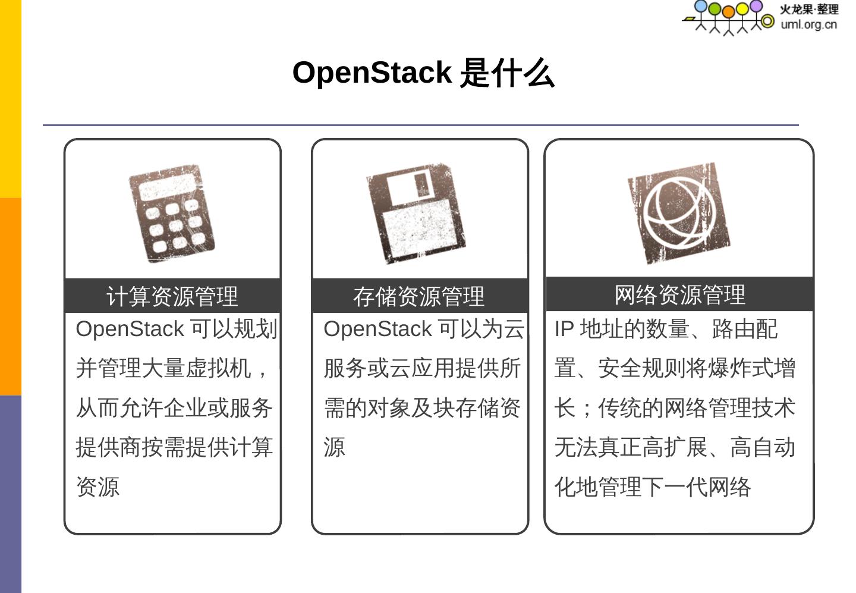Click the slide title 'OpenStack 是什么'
(x=423, y=73)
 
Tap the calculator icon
(x=172, y=214)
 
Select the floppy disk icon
(x=417, y=214)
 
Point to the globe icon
(x=679, y=213)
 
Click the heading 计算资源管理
(x=172, y=296)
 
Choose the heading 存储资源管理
(x=419, y=296)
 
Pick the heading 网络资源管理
(x=679, y=294)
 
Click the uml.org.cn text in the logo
(x=808, y=24)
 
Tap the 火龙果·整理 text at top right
(x=809, y=10)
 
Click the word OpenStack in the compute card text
(x=130, y=329)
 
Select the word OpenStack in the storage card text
(x=377, y=329)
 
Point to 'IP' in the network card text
(x=564, y=329)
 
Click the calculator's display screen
(x=166, y=188)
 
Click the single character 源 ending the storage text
(x=334, y=447)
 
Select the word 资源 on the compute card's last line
(x=98, y=487)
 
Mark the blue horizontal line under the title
(x=420, y=125)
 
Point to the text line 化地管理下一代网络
(x=653, y=487)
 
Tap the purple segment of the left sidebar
(x=10, y=494)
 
